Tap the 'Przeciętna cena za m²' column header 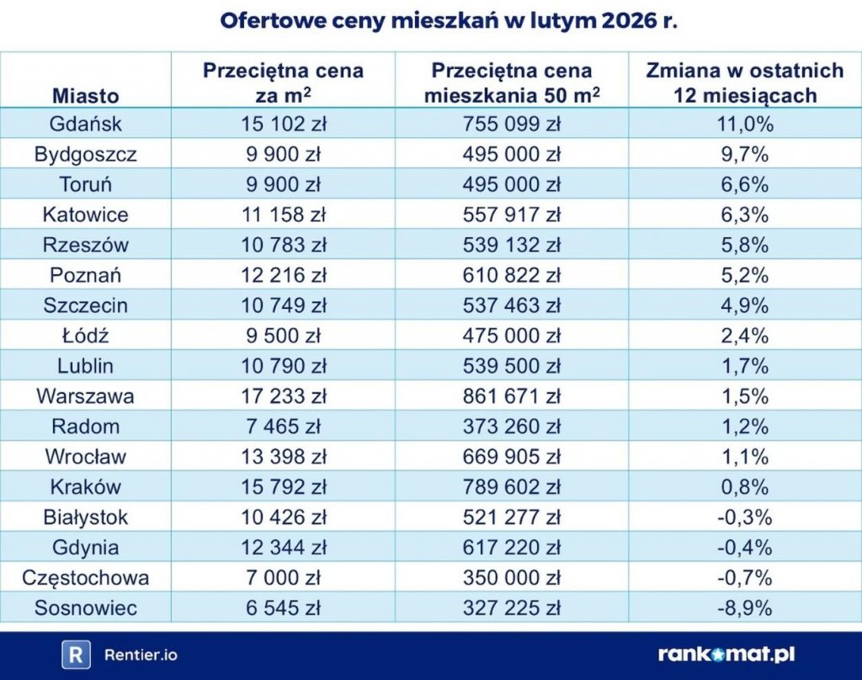(x=283, y=82)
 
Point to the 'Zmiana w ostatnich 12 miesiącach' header (x=744, y=82)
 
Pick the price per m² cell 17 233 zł (x=283, y=396)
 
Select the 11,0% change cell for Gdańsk (x=744, y=124)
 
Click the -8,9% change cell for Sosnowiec (x=744, y=608)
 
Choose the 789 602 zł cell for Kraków (x=511, y=486)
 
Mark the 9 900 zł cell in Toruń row (x=283, y=184)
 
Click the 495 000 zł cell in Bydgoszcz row (x=511, y=154)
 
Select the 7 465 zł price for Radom (x=283, y=426)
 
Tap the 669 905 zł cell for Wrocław (x=511, y=456)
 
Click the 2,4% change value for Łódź (x=744, y=335)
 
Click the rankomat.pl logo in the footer (x=726, y=655)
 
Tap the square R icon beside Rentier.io (x=77, y=655)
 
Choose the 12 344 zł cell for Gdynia (x=283, y=547)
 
